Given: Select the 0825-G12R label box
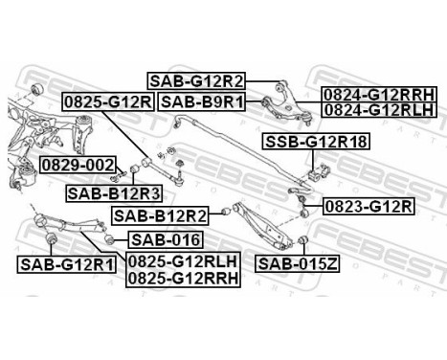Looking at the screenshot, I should coord(108,101).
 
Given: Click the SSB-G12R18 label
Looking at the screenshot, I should coord(317,144).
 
